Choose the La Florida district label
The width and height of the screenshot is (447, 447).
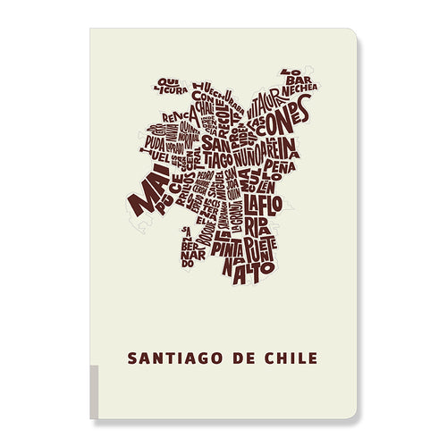pyautogui.click(x=266, y=215)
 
